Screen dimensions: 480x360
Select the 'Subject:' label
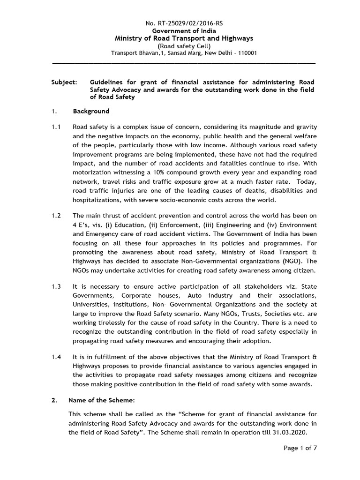coord(64,82)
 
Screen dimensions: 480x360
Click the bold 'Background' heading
coord(91,111)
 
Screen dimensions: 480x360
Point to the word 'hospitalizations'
coord(97,199)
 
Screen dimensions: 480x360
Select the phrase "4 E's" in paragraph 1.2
coord(82,225)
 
